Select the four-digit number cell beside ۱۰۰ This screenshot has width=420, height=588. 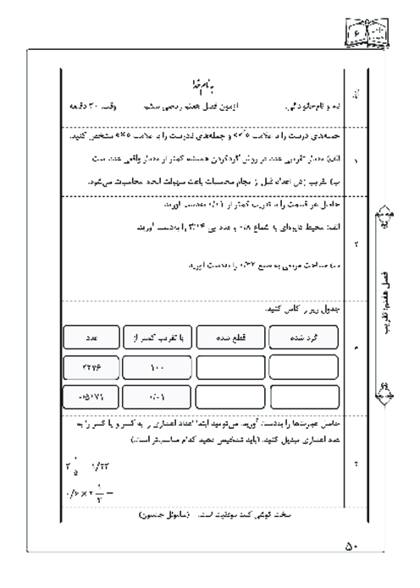click(x=90, y=366)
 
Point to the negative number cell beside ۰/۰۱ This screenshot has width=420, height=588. click(x=90, y=395)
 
